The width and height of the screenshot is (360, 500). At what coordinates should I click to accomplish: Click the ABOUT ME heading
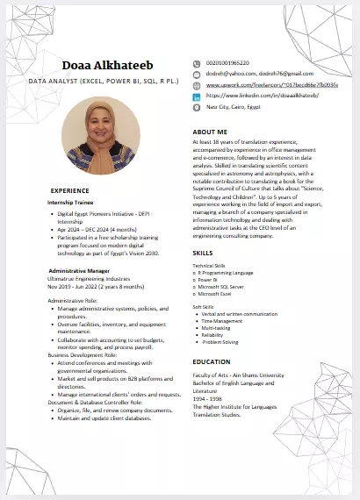(x=210, y=132)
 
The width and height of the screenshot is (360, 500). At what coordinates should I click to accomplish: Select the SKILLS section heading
(x=203, y=253)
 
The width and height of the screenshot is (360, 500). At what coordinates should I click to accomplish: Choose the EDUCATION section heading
(x=212, y=361)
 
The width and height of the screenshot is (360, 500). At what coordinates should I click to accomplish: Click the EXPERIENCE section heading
(x=69, y=190)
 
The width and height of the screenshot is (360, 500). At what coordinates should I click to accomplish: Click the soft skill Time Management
(x=225, y=321)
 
